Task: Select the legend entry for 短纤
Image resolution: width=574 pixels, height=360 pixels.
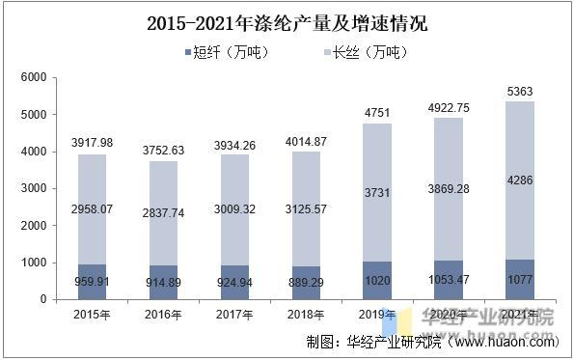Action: click(x=224, y=51)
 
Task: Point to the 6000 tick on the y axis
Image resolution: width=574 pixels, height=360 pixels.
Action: click(x=33, y=77)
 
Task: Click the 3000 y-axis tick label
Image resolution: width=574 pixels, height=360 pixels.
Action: click(x=33, y=189)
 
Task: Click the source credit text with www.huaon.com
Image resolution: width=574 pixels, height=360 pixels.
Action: click(x=432, y=342)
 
